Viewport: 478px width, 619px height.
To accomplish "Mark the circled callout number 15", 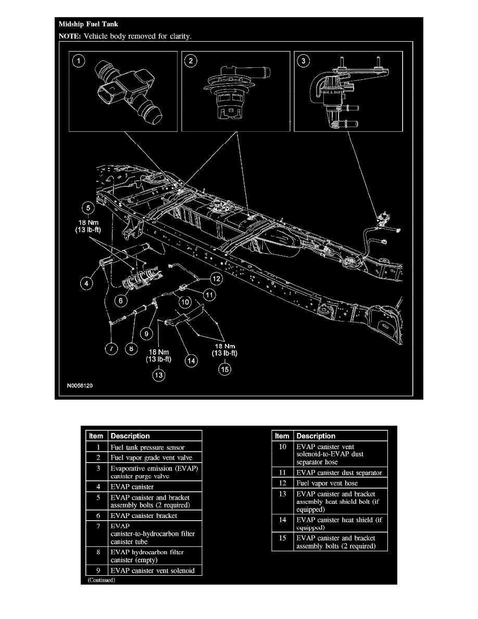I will coord(224,370).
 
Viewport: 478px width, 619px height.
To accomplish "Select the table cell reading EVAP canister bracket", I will coord(144,515).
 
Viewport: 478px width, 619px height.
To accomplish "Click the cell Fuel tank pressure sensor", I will coord(147,447).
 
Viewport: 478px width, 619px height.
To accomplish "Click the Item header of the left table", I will coord(96,436).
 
